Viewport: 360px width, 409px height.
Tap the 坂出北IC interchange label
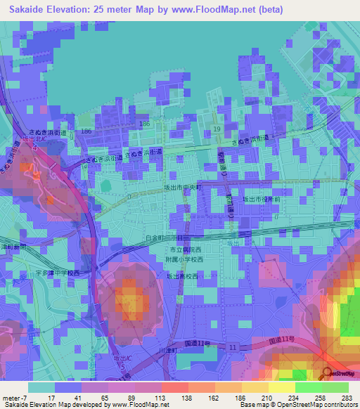[x=33, y=140]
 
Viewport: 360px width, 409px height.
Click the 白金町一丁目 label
[x=162, y=238]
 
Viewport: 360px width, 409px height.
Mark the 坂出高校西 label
[x=181, y=276]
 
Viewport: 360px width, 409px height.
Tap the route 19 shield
[x=217, y=130]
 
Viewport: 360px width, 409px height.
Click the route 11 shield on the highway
[x=233, y=347]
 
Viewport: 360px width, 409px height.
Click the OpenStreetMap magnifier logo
[x=327, y=374]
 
